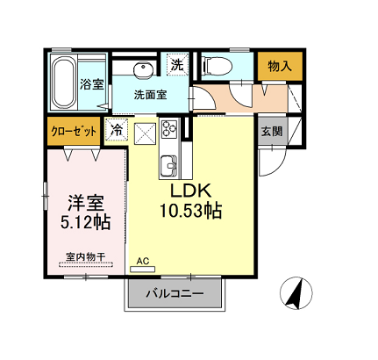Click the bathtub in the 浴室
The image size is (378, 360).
point(64,83)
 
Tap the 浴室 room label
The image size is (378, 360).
point(92,84)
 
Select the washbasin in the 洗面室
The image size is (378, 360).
point(144,70)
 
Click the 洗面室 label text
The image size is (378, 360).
point(151,95)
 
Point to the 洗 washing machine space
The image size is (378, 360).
point(177,64)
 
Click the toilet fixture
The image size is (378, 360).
point(218,66)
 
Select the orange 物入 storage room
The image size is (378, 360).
point(280,66)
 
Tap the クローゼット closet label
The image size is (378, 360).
point(74,132)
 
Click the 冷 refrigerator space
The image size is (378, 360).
point(117,130)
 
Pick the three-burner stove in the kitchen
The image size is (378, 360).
point(169,128)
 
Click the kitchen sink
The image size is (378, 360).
point(168,166)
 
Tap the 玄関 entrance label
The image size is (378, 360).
point(272,131)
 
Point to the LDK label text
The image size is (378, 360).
point(190,191)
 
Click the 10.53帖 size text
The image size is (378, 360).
point(190,211)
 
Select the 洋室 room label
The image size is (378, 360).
point(86,203)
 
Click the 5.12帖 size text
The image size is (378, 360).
point(85,222)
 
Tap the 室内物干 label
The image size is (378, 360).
point(85,257)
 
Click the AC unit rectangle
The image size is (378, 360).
point(142,270)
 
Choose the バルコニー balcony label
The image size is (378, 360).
point(175,293)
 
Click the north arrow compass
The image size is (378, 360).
point(296,293)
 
